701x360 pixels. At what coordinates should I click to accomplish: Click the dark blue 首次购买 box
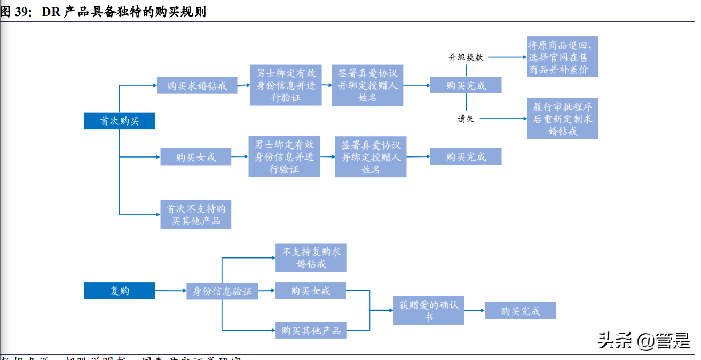coord(120,121)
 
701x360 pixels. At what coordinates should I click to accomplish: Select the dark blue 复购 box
coord(120,291)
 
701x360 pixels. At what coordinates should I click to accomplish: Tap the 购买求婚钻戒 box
coord(197,85)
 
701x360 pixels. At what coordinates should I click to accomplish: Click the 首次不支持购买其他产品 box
coord(196,214)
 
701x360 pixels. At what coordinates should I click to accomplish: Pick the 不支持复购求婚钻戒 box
coord(311,258)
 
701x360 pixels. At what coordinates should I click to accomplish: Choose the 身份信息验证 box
coord(222,291)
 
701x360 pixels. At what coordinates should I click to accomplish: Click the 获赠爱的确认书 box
coord(429,310)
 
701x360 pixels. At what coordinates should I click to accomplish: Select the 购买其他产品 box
coord(311,330)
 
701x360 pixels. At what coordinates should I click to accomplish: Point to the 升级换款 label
coord(466,57)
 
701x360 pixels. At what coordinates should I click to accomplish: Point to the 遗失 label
coord(466,119)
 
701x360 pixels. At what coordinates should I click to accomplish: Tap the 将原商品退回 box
coord(562,57)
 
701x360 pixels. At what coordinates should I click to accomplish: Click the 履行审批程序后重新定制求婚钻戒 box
coord(562,119)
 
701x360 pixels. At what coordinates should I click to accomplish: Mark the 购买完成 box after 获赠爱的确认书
coord(520,311)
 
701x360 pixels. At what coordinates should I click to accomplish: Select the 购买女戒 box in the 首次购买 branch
coord(196,157)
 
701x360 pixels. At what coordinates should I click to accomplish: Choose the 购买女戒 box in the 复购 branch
coord(311,291)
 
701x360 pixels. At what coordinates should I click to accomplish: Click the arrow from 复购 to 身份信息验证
coord(171,291)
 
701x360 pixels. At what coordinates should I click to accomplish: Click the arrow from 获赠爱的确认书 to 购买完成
coord(475,310)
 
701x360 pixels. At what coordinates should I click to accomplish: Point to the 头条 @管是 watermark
coord(644,340)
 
